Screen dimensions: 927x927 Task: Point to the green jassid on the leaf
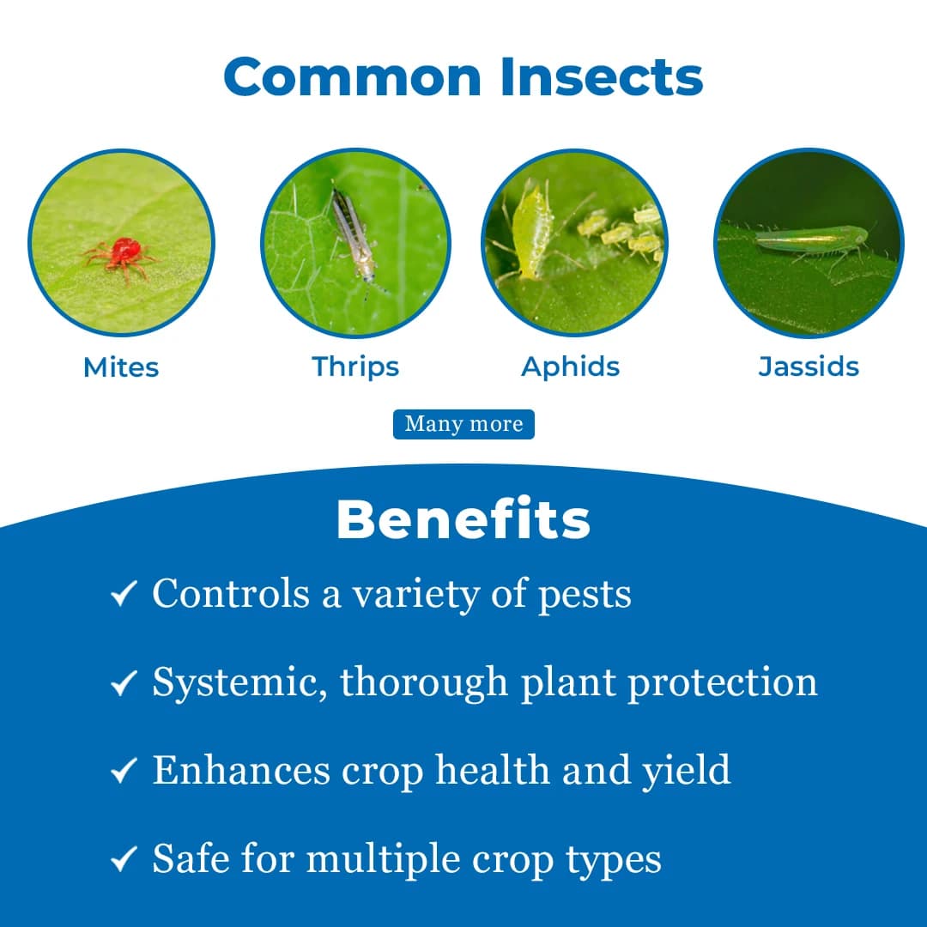click(x=811, y=239)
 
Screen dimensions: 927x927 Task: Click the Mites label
click(x=121, y=367)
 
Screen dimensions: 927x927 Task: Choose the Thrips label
click(x=355, y=367)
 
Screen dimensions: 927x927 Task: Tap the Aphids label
click(x=571, y=367)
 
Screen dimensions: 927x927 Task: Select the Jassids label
click(x=809, y=367)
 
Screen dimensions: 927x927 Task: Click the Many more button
click(x=463, y=424)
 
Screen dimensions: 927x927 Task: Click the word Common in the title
click(x=353, y=77)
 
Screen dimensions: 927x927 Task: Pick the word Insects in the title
click(x=600, y=77)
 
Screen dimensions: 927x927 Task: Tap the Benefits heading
click(x=463, y=519)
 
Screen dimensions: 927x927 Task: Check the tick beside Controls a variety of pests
click(x=124, y=593)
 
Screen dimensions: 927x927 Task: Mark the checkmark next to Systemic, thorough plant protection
click(x=124, y=682)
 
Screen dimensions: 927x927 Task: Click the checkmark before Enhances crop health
click(x=124, y=771)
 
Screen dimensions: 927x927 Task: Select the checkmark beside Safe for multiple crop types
click(x=124, y=860)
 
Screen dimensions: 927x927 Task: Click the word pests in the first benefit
click(x=585, y=595)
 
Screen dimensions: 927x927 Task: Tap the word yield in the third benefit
click(x=687, y=771)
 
